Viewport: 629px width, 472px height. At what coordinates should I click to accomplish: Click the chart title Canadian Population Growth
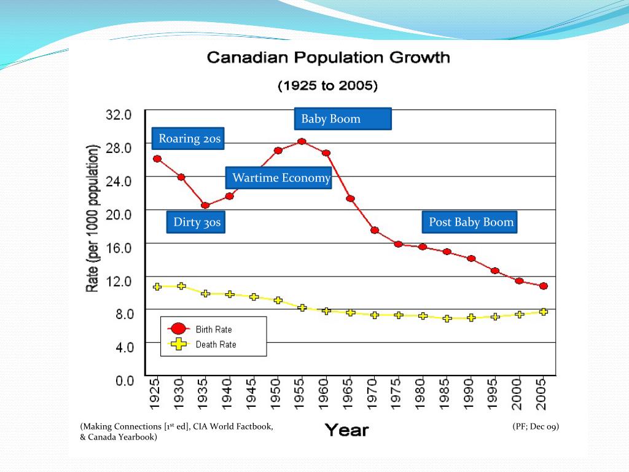coord(329,58)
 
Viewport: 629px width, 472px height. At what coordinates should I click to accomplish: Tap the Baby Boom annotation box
coord(343,119)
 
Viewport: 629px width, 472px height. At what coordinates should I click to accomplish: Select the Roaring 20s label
coord(188,139)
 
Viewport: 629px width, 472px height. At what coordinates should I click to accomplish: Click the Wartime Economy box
coord(279,178)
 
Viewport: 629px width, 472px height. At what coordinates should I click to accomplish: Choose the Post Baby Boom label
coord(470,222)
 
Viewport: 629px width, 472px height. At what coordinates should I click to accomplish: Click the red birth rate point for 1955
coord(302,141)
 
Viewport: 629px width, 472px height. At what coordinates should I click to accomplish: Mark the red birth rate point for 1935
coord(205,205)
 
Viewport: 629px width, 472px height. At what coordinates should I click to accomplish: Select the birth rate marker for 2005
coord(543,286)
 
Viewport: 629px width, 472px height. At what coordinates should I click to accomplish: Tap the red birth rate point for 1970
coord(374,230)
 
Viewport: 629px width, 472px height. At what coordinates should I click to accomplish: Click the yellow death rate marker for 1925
coord(157,286)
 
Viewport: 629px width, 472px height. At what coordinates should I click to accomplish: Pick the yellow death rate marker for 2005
coord(543,312)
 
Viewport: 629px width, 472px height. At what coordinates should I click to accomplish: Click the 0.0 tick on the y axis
coord(125,380)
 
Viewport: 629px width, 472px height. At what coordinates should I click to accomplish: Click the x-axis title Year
coord(346,430)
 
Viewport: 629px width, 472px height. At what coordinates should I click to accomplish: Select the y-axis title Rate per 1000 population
coord(93,218)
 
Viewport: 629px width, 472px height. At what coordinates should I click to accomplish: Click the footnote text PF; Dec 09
coord(536,427)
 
